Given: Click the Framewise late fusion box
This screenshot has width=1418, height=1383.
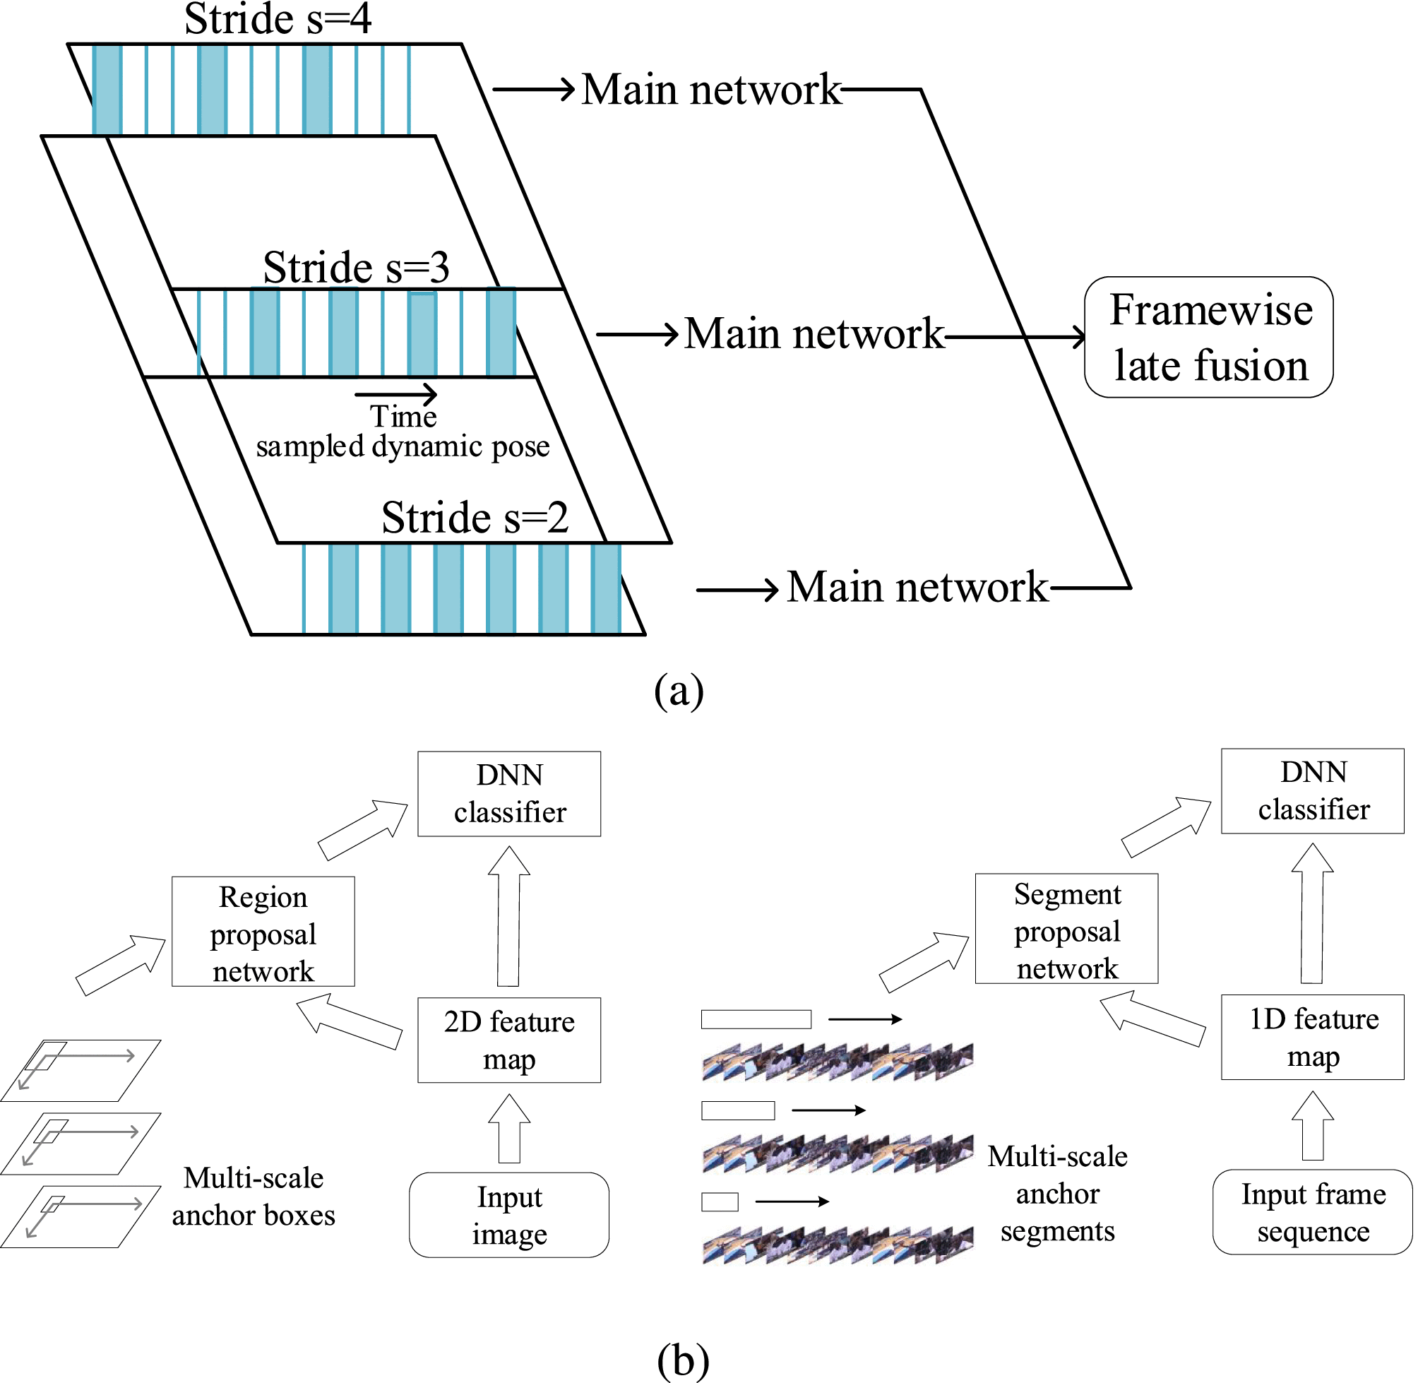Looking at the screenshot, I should [1208, 337].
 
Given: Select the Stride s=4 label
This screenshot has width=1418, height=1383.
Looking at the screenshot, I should [278, 19].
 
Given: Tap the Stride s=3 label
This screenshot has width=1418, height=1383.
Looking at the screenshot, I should [356, 267].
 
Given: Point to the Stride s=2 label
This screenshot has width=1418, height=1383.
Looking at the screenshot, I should [475, 518].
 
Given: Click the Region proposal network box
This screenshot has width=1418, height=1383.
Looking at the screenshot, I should [263, 932].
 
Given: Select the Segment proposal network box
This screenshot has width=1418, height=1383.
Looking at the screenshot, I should [1066, 929].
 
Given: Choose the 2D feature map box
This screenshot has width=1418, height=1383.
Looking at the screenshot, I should [509, 1040].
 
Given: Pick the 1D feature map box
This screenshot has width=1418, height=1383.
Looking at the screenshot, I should [1313, 1037].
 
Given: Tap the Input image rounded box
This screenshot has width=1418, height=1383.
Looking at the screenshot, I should [509, 1215].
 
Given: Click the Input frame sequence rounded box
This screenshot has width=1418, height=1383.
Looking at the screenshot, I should [1313, 1212].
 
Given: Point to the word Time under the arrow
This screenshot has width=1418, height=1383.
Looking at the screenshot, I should [403, 417].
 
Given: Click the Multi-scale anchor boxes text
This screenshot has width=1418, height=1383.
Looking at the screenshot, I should [254, 1197].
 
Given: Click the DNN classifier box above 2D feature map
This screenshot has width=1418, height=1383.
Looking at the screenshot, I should [509, 794].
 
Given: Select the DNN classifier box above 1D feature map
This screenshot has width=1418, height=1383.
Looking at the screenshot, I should [1313, 791].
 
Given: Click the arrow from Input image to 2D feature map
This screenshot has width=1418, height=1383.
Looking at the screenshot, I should [509, 1128].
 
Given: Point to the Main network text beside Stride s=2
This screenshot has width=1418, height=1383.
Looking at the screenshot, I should [918, 587].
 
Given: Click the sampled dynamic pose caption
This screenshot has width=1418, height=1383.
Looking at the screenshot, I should [403, 446].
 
